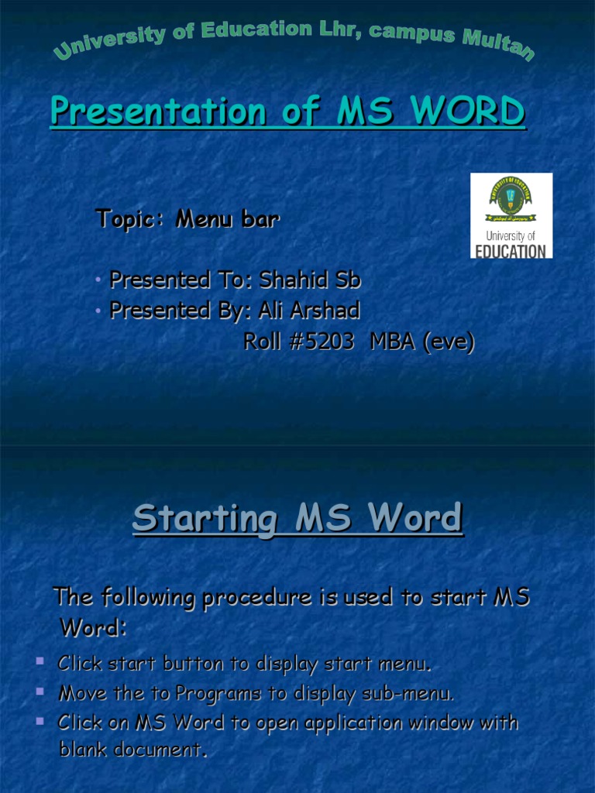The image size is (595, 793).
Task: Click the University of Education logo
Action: (x=511, y=215)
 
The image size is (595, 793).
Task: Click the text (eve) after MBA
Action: (x=448, y=342)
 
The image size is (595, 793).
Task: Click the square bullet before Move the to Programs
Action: (x=40, y=691)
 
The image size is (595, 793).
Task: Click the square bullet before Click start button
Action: (x=40, y=661)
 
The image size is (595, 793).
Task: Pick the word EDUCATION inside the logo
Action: (x=511, y=250)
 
